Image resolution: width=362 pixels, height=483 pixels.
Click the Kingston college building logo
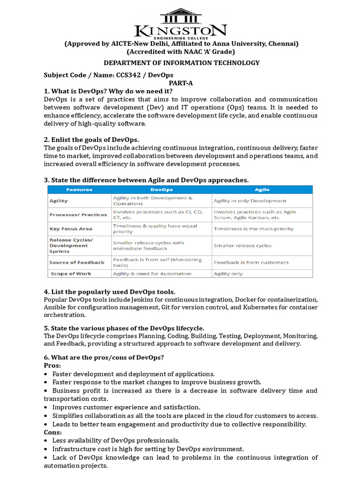(181, 16)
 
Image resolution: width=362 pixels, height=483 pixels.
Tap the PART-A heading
(181, 83)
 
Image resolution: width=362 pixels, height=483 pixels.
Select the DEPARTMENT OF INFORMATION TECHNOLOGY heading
(181, 63)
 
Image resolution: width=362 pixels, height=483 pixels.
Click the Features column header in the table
(79, 190)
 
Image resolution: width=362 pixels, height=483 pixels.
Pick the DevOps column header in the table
(161, 190)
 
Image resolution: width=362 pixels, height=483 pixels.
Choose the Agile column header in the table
(262, 190)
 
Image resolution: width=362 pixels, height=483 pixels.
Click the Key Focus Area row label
(71, 229)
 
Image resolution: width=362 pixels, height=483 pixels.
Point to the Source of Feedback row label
(77, 262)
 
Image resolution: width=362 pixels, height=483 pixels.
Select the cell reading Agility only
(228, 274)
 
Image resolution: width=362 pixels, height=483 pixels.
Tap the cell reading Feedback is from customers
(251, 262)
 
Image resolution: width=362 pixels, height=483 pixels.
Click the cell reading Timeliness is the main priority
(253, 229)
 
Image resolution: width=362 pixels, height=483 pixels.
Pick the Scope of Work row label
(71, 274)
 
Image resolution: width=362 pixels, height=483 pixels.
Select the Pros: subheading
(52, 366)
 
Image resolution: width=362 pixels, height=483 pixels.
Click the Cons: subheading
(53, 432)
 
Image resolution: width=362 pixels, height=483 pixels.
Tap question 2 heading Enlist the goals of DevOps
(91, 140)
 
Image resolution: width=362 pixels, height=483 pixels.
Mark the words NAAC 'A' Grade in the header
(210, 52)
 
